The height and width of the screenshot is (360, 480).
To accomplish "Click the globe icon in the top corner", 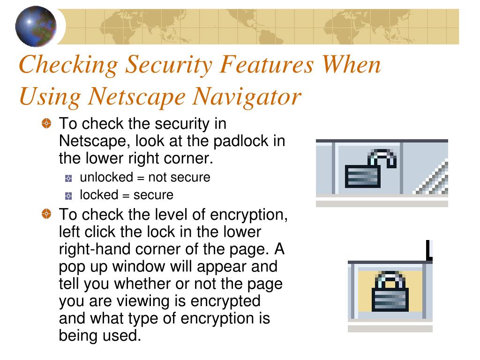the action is pyautogui.click(x=36, y=26).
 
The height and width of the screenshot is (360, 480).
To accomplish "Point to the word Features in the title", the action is pyautogui.click(x=267, y=65).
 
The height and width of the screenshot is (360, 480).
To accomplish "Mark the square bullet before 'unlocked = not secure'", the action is pyautogui.click(x=69, y=178).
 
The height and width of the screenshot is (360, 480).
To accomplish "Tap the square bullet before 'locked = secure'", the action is pyautogui.click(x=69, y=195).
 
